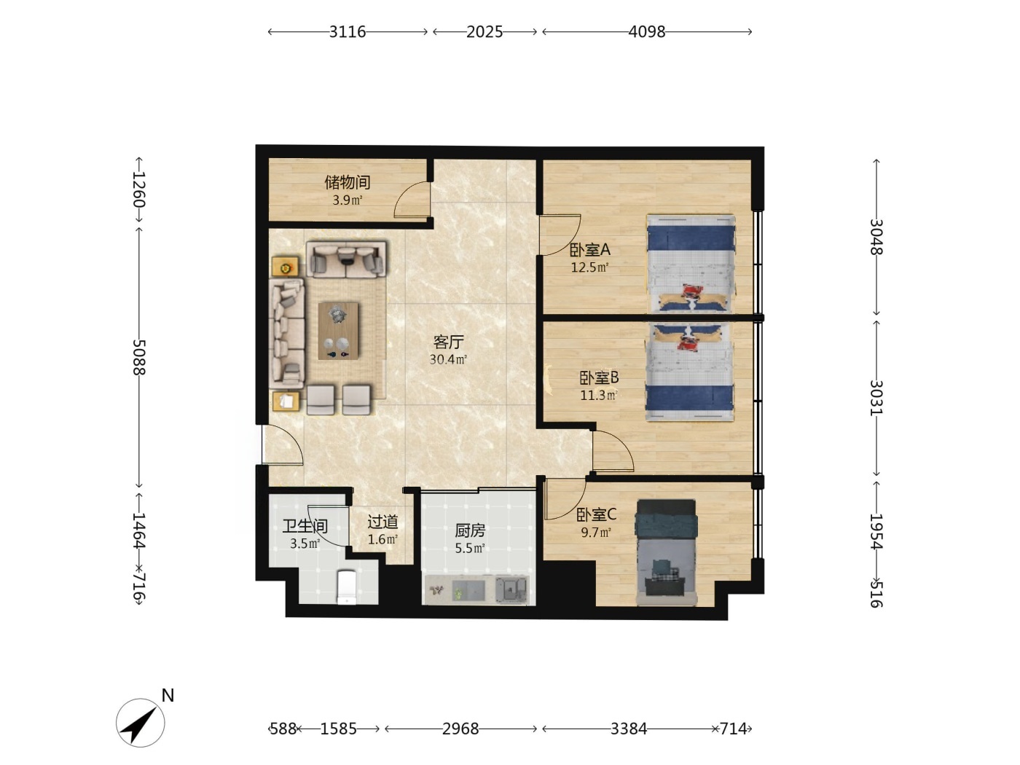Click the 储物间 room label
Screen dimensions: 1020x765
pyautogui.click(x=347, y=182)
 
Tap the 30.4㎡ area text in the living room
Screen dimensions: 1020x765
pyautogui.click(x=448, y=359)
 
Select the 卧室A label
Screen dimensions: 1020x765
pyautogui.click(x=589, y=250)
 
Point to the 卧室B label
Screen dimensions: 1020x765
pyautogui.click(x=599, y=377)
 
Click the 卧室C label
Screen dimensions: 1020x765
pyautogui.click(x=596, y=514)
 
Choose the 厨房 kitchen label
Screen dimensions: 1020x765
pyautogui.click(x=470, y=530)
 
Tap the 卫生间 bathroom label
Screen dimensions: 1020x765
pyautogui.click(x=305, y=526)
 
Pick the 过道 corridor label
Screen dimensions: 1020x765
pyautogui.click(x=382, y=522)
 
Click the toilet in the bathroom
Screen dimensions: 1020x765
pyautogui.click(x=347, y=587)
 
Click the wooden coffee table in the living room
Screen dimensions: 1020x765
pyautogui.click(x=338, y=331)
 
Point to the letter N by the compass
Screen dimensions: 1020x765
pyautogui.click(x=168, y=695)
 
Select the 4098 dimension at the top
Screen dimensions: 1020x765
pyautogui.click(x=647, y=31)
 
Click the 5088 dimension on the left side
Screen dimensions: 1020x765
pyautogui.click(x=139, y=357)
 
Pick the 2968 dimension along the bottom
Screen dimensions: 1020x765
pyautogui.click(x=460, y=729)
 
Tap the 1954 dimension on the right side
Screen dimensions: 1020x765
pyautogui.click(x=876, y=531)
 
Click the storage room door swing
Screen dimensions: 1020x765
pyautogui.click(x=412, y=200)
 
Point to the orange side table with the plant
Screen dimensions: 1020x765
pyautogui.click(x=285, y=267)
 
